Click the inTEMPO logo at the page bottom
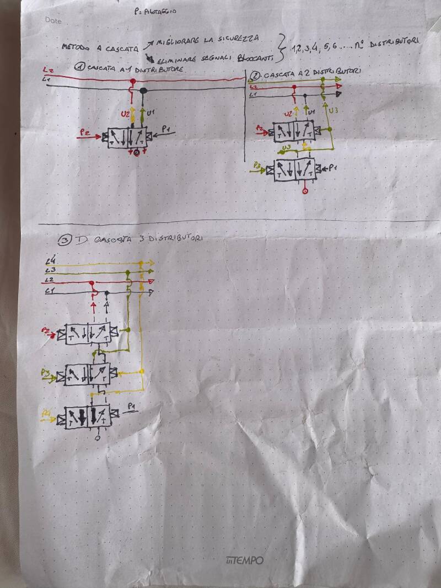click(x=244, y=560)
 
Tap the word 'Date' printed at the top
click(x=53, y=20)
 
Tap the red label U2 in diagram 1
click(x=125, y=114)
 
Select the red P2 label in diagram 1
click(x=83, y=133)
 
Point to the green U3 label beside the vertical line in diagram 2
click(x=332, y=110)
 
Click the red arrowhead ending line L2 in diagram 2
click(x=338, y=87)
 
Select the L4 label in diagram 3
click(x=50, y=260)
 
